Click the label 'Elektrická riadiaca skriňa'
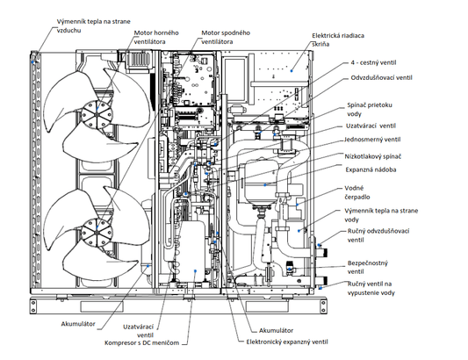pos(338,40)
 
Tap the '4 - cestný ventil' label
pos(373,62)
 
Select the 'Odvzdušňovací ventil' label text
pos(381,77)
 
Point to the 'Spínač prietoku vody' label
pos(370,109)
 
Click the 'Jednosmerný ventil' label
pos(372,140)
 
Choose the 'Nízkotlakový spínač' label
pos(373,156)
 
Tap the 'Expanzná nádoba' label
pos(371,169)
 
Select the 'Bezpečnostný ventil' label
pos(368,267)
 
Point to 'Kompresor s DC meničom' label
pos(141,342)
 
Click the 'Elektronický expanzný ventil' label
pos(287,342)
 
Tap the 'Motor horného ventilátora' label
pos(156,37)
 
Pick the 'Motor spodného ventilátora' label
pos(226,37)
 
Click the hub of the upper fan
pos(97,114)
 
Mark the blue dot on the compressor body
pos(195,271)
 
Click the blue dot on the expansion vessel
pos(265,185)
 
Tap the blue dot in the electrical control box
pos(292,71)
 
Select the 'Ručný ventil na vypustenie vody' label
pos(371,288)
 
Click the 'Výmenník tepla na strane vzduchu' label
pos(93,25)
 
